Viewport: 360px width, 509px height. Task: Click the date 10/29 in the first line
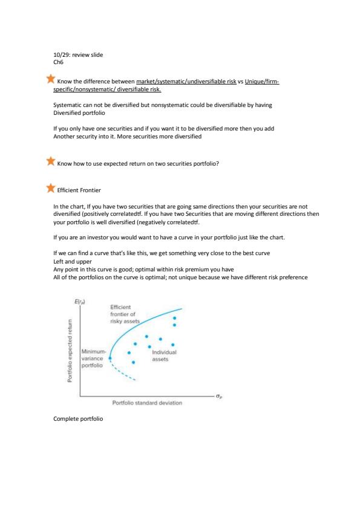61,55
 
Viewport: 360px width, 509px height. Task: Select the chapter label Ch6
58,62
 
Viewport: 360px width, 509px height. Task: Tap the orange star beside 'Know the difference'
51,79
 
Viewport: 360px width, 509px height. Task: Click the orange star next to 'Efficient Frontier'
51,187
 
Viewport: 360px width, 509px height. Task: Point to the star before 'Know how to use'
51,161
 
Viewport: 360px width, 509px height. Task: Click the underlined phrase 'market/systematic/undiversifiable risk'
186,82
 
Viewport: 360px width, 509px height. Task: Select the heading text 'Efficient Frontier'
79,190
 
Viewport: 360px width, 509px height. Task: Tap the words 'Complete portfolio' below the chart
78,419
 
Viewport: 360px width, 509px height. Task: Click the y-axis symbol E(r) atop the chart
80,302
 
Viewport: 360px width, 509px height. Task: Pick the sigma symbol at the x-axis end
219,396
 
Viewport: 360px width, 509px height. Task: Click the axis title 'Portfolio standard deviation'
147,403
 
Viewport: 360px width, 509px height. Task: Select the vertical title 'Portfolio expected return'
70,351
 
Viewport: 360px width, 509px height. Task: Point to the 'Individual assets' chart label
164,356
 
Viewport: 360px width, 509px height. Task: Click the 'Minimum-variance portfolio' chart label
94,358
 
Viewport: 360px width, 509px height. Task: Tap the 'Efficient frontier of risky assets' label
125,314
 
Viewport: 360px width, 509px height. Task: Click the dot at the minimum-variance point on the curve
110,358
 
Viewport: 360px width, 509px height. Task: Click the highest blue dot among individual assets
174,319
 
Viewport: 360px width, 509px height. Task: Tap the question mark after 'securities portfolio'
217,164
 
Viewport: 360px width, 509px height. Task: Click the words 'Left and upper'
73,262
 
